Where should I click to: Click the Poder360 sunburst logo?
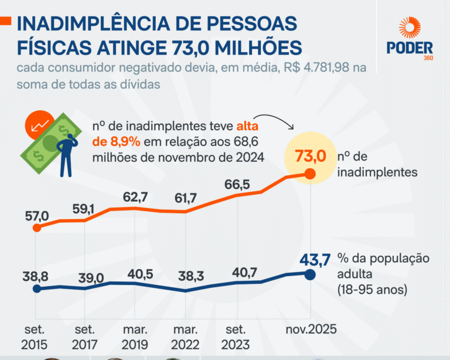click(x=410, y=29)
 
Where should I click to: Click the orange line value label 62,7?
click(x=135, y=197)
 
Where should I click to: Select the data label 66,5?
click(x=237, y=185)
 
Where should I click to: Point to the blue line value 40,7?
click(x=237, y=273)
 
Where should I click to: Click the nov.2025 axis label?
click(x=311, y=330)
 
